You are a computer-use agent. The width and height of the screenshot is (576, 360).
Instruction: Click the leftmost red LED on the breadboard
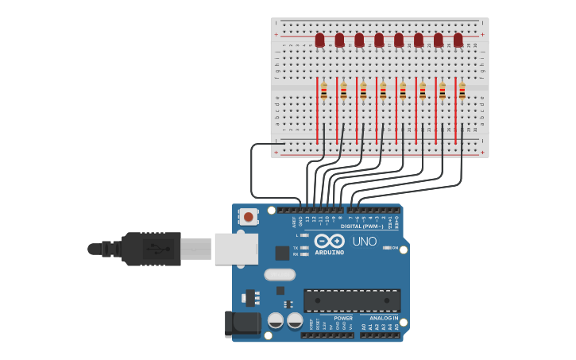319,40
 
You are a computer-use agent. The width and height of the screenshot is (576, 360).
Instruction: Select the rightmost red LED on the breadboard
458,40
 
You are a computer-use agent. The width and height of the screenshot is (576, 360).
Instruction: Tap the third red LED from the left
359,40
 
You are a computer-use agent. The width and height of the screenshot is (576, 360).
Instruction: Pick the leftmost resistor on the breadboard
324,91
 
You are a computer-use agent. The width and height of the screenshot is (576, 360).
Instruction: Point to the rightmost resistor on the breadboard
462,91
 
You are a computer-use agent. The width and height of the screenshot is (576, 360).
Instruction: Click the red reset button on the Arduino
249,216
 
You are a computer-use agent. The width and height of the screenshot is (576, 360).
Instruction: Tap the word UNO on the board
364,242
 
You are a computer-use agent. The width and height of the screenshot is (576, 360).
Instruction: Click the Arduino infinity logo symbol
329,241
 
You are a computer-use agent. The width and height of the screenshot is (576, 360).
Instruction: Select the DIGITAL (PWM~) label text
361,226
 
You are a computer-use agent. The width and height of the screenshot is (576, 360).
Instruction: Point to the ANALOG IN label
384,318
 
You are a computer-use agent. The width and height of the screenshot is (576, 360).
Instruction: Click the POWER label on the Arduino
342,318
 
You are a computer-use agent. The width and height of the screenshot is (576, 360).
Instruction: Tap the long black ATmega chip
351,300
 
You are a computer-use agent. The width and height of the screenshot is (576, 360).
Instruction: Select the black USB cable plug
151,249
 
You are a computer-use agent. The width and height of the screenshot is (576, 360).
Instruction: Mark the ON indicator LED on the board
388,248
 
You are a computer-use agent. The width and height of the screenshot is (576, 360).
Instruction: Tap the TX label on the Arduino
296,247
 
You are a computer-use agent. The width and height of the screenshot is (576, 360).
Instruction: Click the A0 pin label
365,327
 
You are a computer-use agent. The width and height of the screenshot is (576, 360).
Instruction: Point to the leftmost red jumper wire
317,111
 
